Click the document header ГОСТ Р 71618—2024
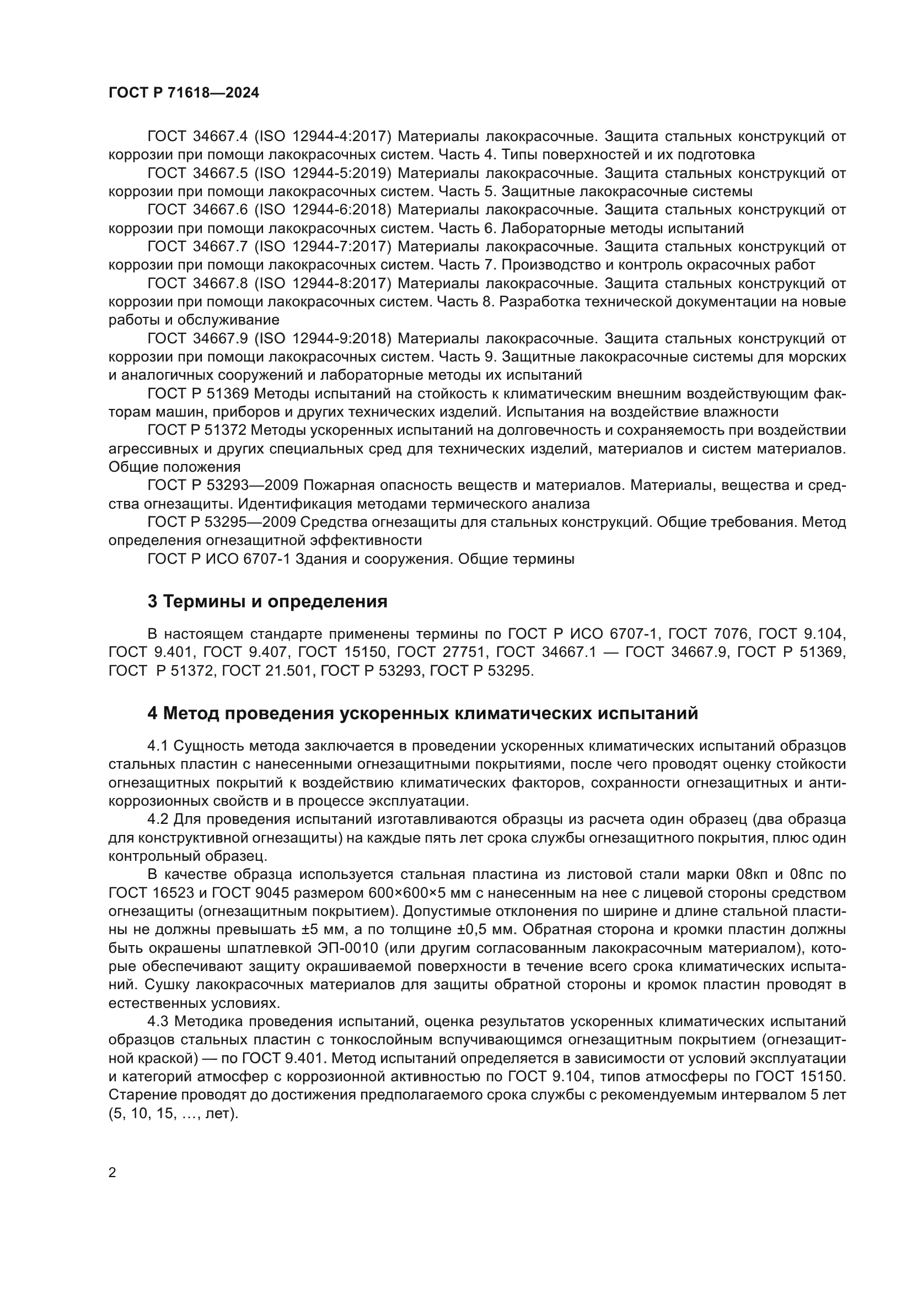184,93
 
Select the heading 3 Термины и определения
267,601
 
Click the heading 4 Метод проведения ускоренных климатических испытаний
423,714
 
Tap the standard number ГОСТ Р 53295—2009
222,522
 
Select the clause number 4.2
158,819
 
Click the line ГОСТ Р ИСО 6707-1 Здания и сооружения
361,559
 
